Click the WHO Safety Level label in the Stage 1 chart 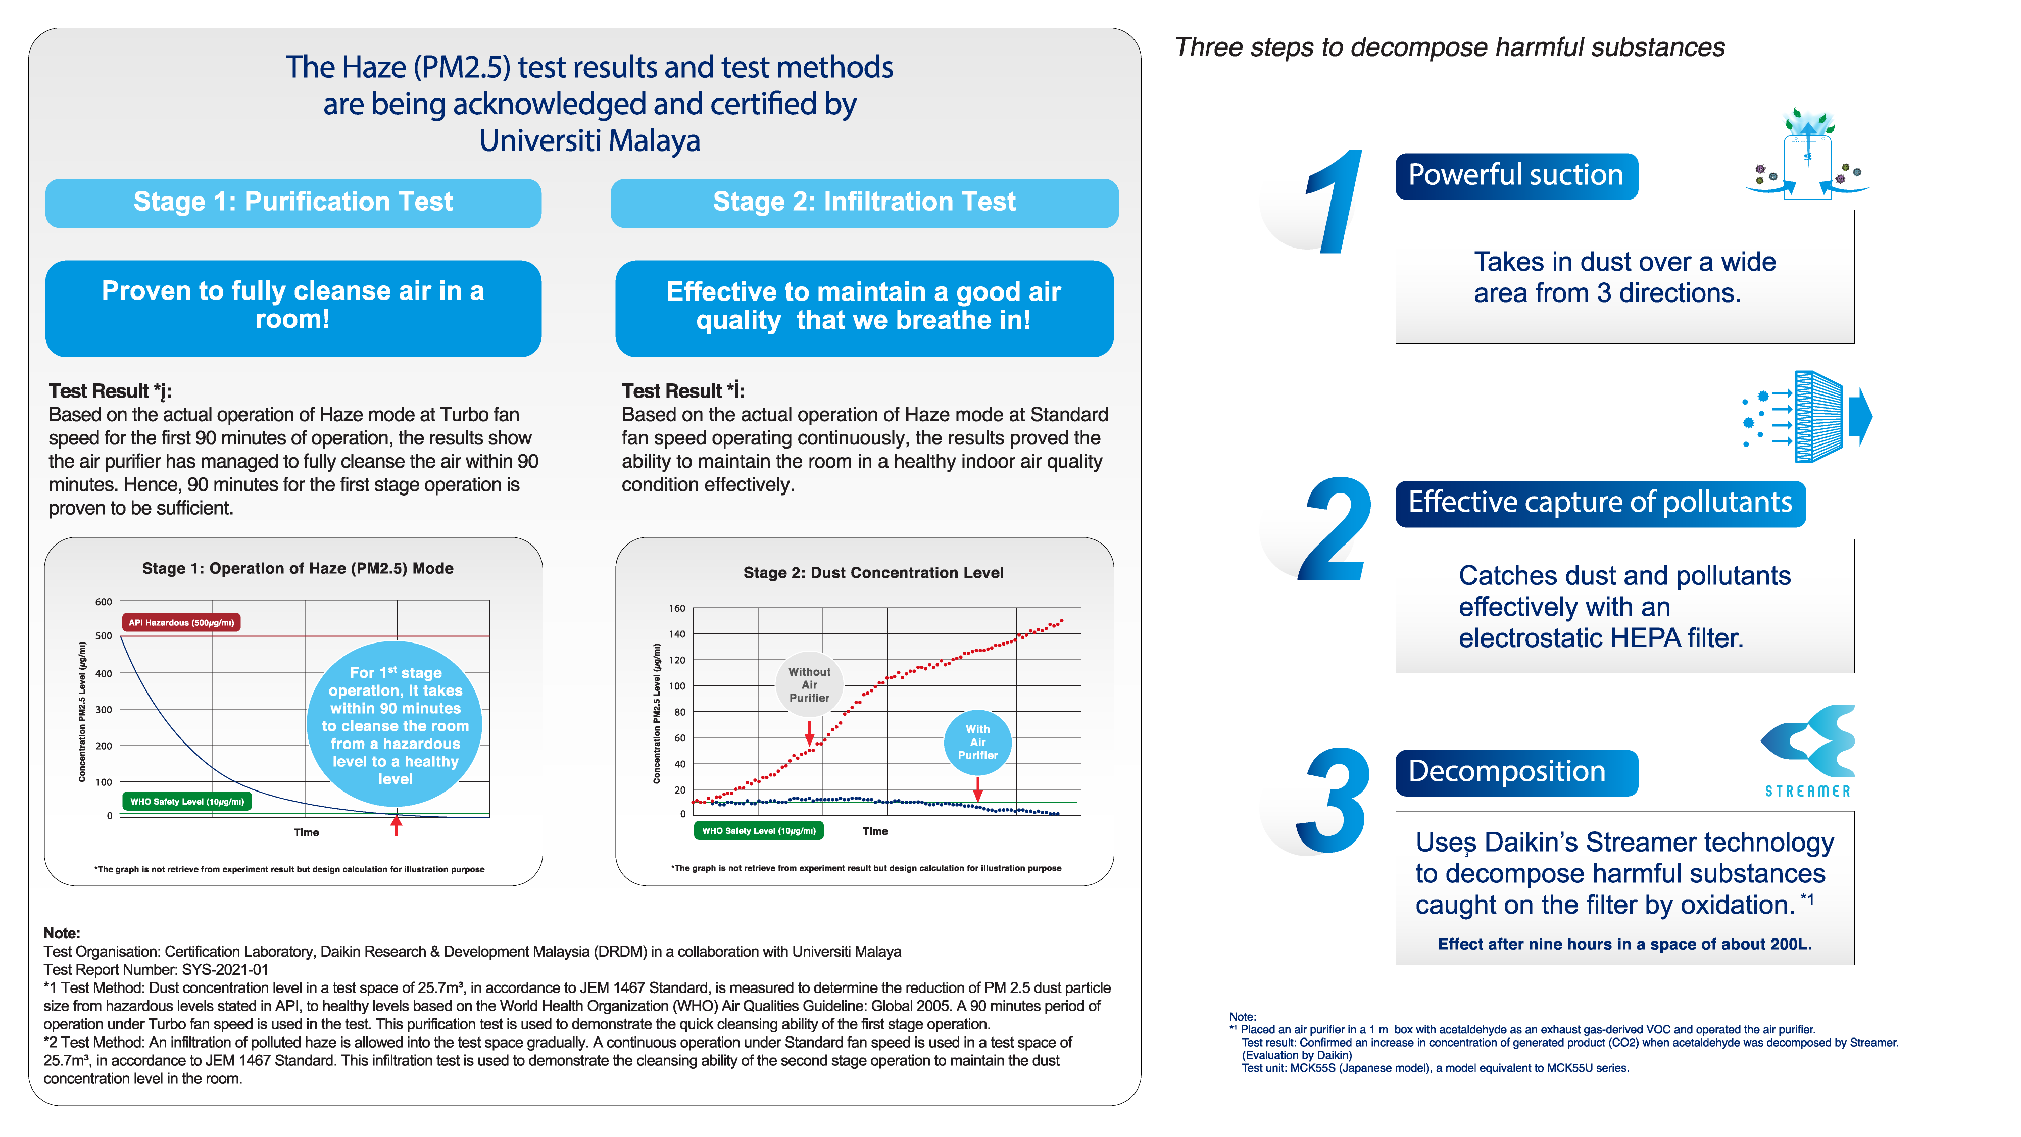(x=187, y=801)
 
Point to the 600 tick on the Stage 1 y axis (x=104, y=602)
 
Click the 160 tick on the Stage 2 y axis (x=677, y=608)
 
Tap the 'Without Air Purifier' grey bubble (x=809, y=684)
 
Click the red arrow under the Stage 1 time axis (x=396, y=825)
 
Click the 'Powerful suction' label (x=1516, y=175)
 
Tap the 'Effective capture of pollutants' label (x=1600, y=502)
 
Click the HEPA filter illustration (x=1808, y=416)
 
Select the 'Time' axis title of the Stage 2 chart (x=875, y=831)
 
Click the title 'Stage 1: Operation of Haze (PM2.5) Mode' (x=298, y=568)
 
